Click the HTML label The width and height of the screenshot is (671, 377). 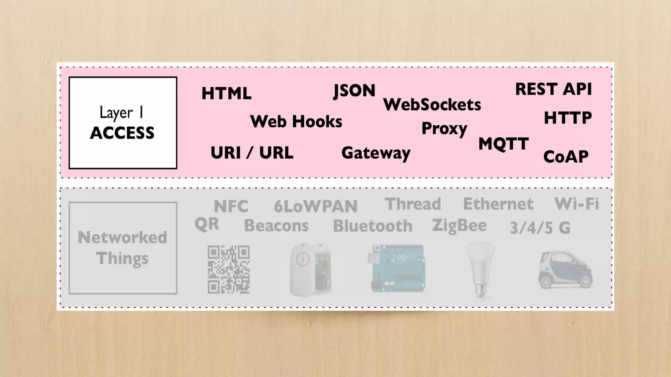[x=226, y=94]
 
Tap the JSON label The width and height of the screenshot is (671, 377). [x=354, y=91]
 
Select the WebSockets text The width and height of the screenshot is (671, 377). [x=432, y=105]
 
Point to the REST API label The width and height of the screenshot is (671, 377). [x=553, y=89]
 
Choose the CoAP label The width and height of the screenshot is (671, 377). [x=566, y=157]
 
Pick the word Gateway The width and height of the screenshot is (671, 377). [x=376, y=153]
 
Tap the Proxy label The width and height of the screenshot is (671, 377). [x=444, y=129]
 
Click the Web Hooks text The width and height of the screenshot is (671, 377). [x=296, y=122]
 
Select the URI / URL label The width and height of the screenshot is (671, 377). [x=252, y=153]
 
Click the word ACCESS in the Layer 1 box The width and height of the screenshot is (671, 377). [x=122, y=133]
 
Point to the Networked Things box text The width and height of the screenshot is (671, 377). [x=123, y=248]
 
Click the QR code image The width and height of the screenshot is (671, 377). [x=229, y=269]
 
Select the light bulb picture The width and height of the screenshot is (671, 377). [x=481, y=268]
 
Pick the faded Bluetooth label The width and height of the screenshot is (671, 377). [x=373, y=226]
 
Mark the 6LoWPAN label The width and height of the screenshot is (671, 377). [x=316, y=206]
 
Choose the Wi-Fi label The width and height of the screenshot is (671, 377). [x=577, y=204]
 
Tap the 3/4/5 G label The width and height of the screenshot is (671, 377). [x=540, y=228]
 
